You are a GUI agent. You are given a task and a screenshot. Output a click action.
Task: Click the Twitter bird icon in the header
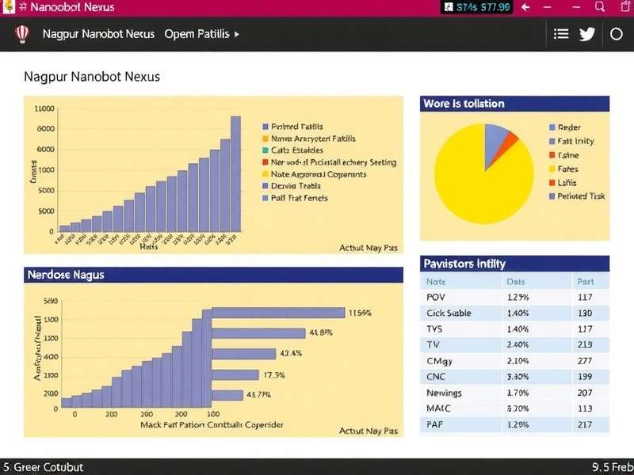[x=587, y=34]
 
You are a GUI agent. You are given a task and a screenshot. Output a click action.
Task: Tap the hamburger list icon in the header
[x=561, y=34]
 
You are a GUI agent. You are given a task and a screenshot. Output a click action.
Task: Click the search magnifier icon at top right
[x=600, y=7]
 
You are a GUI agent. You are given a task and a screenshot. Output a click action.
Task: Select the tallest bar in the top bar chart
[x=235, y=175]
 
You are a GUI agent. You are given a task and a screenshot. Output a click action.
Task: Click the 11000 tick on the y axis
[x=45, y=108]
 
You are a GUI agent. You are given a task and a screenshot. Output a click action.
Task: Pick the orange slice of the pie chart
[x=510, y=142]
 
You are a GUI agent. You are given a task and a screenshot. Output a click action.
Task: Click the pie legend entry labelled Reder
[x=569, y=127]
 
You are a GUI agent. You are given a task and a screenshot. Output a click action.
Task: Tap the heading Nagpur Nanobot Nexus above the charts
[x=92, y=78]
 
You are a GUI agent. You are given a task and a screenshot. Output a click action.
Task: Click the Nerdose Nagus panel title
[x=66, y=275]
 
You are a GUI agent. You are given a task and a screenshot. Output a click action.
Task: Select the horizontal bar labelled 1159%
[x=277, y=313]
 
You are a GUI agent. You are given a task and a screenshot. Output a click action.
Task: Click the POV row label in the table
[x=436, y=297]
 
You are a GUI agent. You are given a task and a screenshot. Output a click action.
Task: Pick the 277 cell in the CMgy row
[x=585, y=361]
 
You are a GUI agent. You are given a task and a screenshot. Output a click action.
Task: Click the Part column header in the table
[x=585, y=281]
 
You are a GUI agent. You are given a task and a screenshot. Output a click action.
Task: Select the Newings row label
[x=444, y=393]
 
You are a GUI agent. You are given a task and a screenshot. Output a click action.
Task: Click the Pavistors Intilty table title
[x=464, y=264]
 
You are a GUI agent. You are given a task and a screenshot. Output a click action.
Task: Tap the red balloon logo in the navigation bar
[x=22, y=34]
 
